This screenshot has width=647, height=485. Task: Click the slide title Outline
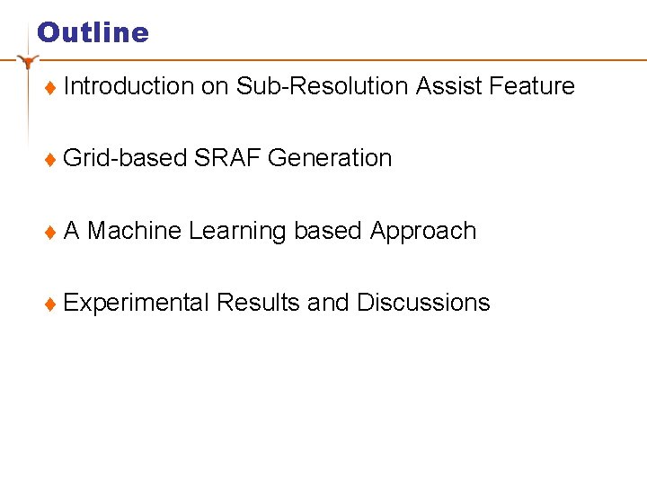point(93,32)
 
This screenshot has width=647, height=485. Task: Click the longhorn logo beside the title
point(30,62)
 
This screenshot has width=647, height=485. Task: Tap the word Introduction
point(129,86)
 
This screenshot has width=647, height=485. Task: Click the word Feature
point(532,86)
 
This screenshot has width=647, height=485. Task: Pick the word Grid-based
point(125,159)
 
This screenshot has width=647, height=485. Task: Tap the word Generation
point(330,158)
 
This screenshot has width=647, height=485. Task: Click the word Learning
point(237,232)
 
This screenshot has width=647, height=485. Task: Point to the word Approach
point(422,232)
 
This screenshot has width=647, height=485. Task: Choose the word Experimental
point(137,304)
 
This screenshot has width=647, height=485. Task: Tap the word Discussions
point(423,303)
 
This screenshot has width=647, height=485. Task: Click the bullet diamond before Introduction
point(50,88)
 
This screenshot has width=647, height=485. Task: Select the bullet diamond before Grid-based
point(50,160)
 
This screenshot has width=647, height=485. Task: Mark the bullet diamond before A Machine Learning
point(50,233)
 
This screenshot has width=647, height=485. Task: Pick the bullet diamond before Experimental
point(50,304)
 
